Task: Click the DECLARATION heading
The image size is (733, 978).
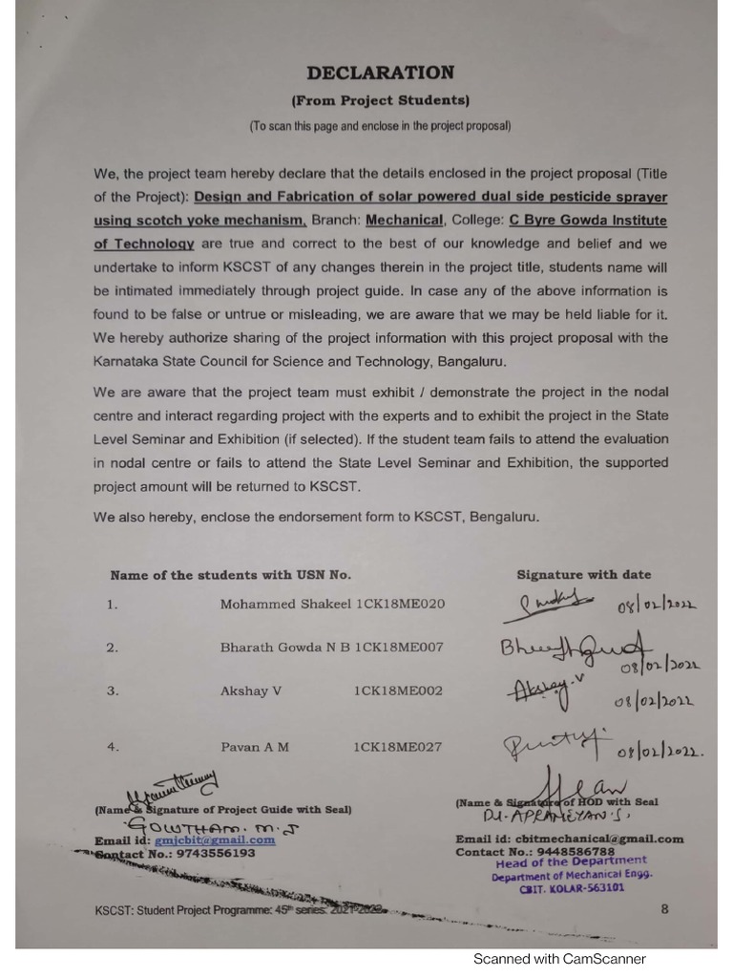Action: point(380,73)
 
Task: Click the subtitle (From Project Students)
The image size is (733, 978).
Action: point(380,100)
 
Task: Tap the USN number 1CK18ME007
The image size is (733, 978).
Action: point(399,648)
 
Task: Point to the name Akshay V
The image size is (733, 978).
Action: point(251,691)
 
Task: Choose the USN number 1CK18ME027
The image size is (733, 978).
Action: point(398,747)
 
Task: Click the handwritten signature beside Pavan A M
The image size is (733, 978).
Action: point(542,740)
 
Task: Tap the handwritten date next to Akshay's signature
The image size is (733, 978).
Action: point(654,702)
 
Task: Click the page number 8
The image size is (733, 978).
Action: point(664,909)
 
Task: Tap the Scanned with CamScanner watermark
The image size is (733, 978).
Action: point(559,959)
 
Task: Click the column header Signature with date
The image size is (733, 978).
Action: point(584,575)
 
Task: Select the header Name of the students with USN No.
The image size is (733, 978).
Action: point(231,575)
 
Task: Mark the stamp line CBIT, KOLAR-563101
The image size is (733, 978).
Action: point(572,887)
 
